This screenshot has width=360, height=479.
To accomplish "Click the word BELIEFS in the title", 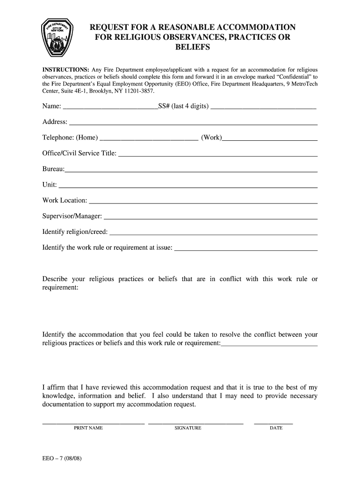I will point(192,48).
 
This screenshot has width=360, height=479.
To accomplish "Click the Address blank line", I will point(193,124).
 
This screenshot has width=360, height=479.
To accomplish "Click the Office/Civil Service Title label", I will point(79,153).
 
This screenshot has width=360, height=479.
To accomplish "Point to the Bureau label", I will point(53,169).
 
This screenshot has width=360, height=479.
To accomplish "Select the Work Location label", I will point(65,200).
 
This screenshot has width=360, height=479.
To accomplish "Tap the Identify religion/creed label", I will point(75,232).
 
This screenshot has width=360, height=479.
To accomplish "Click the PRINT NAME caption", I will point(88,428).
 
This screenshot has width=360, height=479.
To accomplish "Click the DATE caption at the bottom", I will point(276,428).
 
